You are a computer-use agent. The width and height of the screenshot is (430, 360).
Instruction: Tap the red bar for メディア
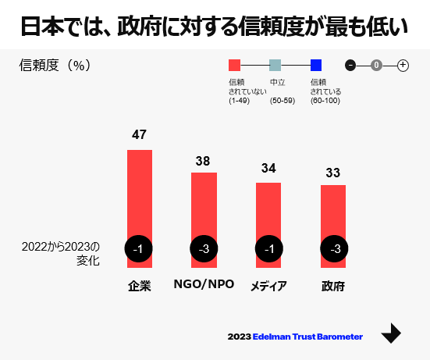(x=268, y=209)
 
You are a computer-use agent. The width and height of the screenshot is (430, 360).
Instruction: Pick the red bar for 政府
(x=333, y=210)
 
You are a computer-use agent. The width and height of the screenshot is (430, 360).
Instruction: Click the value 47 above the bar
(x=139, y=134)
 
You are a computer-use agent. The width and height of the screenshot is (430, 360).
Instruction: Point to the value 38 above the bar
(x=203, y=161)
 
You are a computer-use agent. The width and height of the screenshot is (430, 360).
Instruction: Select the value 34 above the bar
(x=268, y=168)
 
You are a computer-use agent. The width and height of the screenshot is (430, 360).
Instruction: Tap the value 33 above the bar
(x=333, y=173)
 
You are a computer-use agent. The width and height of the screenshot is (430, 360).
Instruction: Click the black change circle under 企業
(x=139, y=249)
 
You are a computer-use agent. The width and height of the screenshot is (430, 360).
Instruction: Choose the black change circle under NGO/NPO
(x=204, y=249)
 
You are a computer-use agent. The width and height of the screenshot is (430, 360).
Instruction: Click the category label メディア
(x=268, y=286)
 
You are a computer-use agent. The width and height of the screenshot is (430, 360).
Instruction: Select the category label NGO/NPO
(x=204, y=285)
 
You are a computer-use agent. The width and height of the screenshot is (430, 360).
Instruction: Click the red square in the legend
(x=234, y=65)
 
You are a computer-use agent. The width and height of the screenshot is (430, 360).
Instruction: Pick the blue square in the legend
(x=316, y=65)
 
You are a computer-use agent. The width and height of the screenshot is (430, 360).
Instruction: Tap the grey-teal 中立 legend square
(x=275, y=65)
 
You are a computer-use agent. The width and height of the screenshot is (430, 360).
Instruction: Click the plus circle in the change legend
(x=403, y=65)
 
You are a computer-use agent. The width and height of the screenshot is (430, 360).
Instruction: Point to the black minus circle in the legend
(x=350, y=65)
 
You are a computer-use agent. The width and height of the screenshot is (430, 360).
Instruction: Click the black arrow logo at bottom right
(x=391, y=333)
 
